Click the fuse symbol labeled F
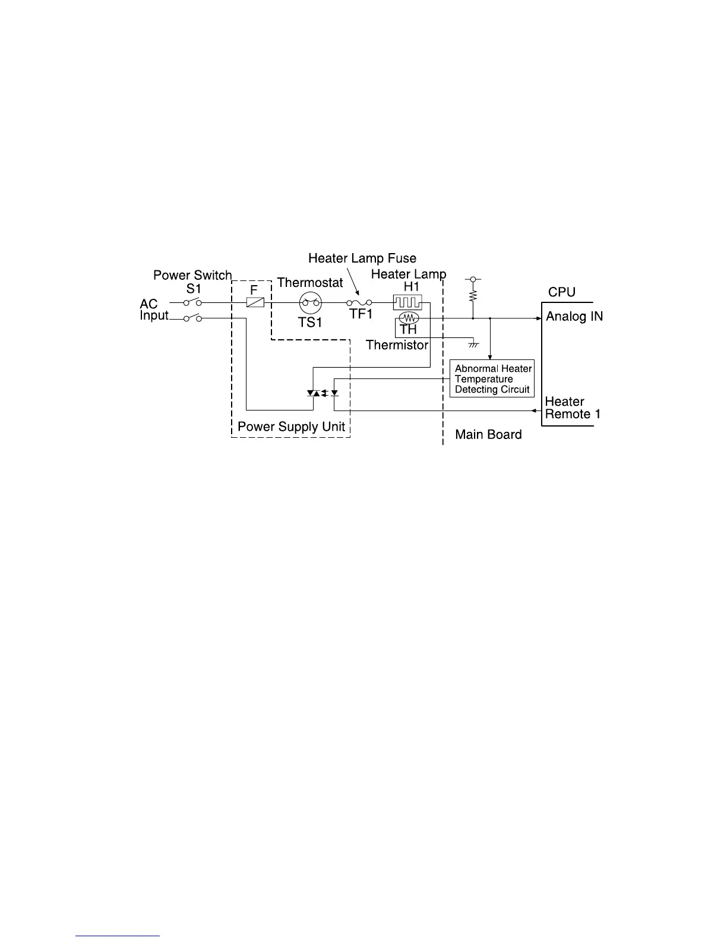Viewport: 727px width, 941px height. pos(255,302)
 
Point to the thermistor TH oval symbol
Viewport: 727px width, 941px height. pos(409,318)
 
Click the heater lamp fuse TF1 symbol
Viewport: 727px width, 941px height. pos(359,303)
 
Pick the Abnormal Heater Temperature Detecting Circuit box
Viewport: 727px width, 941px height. pos(492,378)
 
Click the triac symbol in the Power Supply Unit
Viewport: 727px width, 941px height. pos(313,393)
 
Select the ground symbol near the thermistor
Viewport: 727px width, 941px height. pos(473,344)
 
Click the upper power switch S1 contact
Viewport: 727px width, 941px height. pos(193,302)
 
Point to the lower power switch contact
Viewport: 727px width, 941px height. pos(193,318)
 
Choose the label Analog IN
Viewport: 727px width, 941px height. pos(574,317)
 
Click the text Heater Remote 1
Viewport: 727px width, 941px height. pos(572,408)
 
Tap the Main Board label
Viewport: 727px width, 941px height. pos(488,435)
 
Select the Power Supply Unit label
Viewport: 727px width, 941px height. pos(291,427)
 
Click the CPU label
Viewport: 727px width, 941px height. pos(561,292)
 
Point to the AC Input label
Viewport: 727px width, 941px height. pos(153,310)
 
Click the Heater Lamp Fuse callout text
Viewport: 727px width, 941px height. pos(362,258)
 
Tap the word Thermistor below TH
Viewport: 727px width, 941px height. pos(397,345)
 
